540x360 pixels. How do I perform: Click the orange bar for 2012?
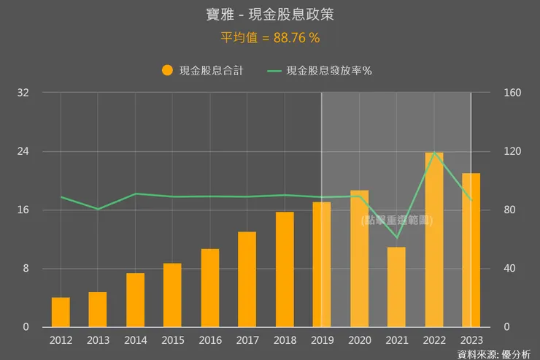point(61,313)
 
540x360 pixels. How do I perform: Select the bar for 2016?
point(210,288)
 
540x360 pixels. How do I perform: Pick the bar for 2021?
point(396,287)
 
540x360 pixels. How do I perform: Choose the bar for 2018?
point(285,269)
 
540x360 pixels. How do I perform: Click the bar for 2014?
point(135,300)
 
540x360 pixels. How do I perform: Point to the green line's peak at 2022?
point(434,152)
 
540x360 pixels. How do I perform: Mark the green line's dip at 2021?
point(396,237)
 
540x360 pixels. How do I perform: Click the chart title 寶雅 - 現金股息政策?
point(270,15)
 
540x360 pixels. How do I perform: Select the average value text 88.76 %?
point(270,37)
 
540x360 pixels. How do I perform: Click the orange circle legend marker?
point(167,71)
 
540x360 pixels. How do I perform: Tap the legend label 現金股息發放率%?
point(329,71)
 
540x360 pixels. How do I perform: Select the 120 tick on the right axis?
point(508,151)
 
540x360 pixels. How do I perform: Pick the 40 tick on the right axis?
point(505,269)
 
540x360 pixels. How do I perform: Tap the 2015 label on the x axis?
point(173,340)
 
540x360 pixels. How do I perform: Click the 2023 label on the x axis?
point(471,340)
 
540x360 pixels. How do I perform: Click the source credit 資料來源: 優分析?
point(495,354)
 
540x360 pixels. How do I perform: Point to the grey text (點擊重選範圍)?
point(396,220)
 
